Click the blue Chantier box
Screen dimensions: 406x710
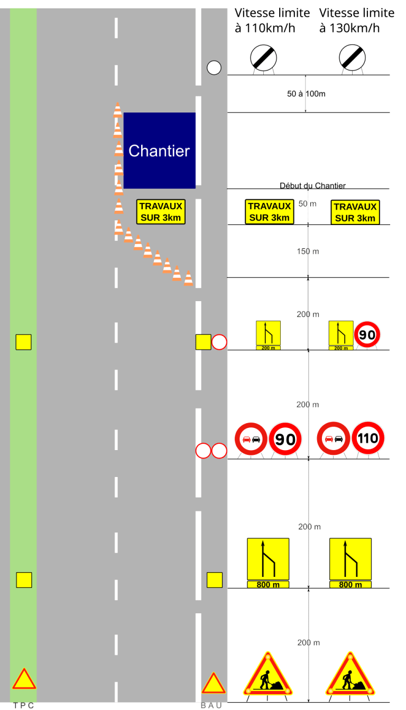coord(159,151)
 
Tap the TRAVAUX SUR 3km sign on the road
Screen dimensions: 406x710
coord(161,212)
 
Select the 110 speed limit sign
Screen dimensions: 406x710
coord(368,438)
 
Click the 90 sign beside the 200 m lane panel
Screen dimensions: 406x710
coord(367,334)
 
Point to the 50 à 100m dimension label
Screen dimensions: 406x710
coord(306,94)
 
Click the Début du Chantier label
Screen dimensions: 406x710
coord(312,185)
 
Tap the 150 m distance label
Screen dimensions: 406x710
coord(308,251)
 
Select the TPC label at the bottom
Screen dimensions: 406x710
coord(23,705)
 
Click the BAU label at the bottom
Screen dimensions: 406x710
coord(211,705)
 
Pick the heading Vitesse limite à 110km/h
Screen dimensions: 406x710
coord(272,20)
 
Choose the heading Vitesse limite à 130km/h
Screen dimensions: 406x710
coord(356,20)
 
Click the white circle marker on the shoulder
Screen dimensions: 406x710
coord(214,68)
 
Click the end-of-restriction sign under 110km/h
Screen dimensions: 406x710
coord(263,58)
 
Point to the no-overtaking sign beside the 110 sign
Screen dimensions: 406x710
coord(334,438)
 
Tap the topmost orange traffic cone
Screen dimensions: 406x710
coord(118,110)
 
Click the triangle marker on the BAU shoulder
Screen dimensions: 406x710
coord(214,684)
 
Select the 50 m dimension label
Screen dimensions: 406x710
coord(307,204)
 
